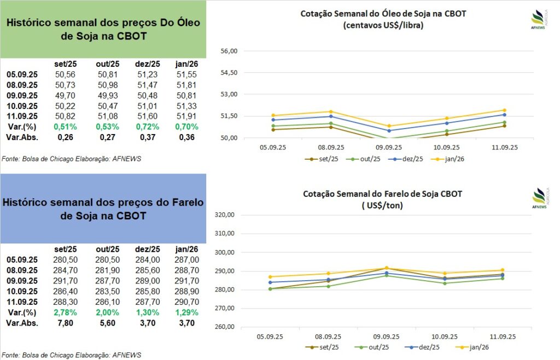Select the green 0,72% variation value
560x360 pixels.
147,126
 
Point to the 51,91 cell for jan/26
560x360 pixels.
186,116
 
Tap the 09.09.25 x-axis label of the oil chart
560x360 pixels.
388,147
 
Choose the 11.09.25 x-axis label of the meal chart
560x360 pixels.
502,336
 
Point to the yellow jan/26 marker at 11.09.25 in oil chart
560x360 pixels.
504,111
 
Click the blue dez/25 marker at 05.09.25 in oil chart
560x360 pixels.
273,120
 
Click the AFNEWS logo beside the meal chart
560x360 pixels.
539,198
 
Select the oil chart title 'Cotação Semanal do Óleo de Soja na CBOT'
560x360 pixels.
383,14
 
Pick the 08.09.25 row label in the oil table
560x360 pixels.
22,85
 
